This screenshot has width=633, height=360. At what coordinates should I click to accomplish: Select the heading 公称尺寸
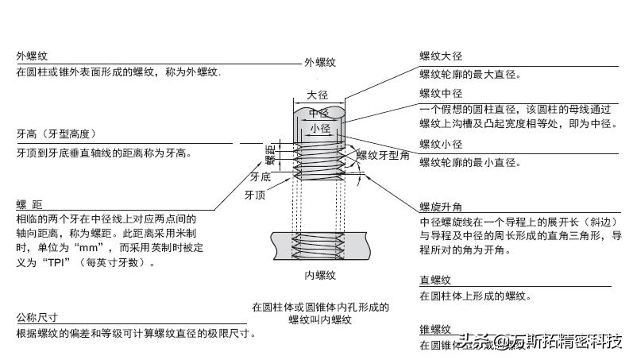coord(37,318)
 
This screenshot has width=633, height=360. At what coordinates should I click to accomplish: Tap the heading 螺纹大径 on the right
coord(441,56)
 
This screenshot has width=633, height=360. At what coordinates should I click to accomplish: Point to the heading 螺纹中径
coord(441,93)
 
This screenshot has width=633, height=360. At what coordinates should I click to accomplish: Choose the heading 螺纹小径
coord(441,145)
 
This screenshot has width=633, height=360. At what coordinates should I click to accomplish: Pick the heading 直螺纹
coord(435,280)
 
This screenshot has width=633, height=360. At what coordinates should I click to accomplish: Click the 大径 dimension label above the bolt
coord(318,95)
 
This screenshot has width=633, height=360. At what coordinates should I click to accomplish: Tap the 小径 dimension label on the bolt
coord(320,128)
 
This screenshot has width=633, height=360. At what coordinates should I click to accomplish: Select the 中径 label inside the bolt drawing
coord(319,113)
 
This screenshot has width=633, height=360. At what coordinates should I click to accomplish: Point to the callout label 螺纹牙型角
coord(383,155)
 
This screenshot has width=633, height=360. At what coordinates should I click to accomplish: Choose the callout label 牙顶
coord(254,194)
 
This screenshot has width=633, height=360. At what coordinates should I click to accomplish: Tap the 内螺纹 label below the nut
coord(320,276)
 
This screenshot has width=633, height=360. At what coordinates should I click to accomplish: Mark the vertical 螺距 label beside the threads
coord(270,155)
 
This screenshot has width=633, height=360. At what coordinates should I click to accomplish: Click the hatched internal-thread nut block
coord(320,245)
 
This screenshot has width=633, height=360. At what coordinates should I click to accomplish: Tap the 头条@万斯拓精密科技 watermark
coord(540,343)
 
